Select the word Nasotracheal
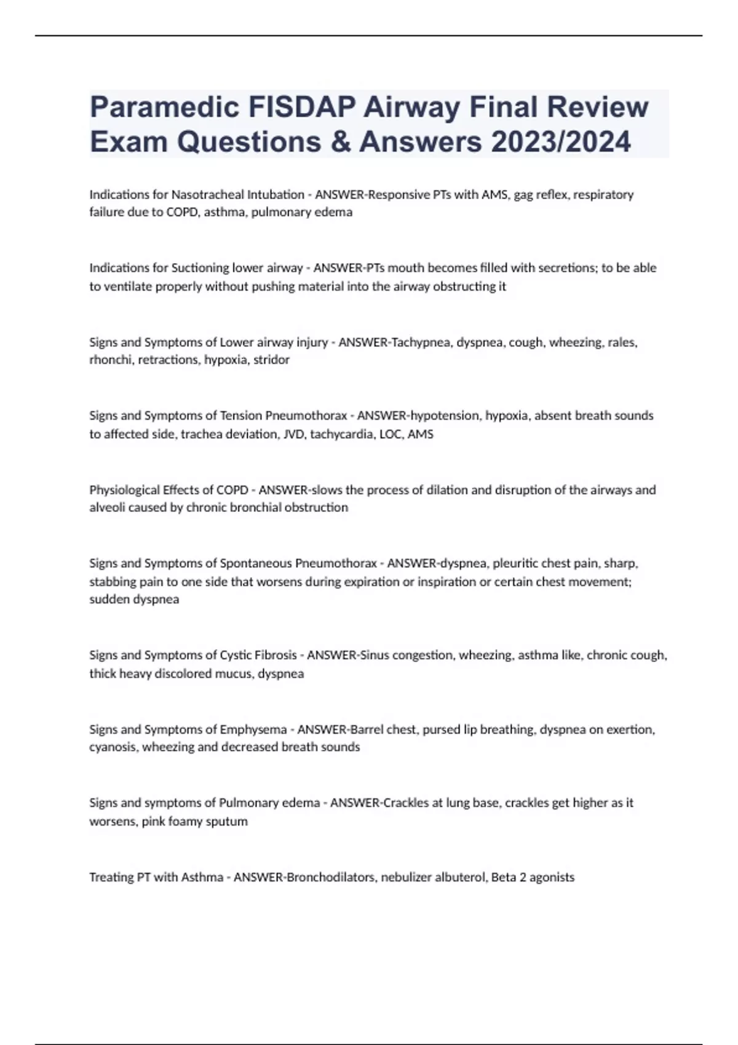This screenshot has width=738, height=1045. (207, 195)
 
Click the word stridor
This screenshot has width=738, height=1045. (271, 360)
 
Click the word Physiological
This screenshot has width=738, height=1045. (125, 490)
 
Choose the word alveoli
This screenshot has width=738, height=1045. (107, 508)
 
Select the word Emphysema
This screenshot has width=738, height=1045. (253, 730)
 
